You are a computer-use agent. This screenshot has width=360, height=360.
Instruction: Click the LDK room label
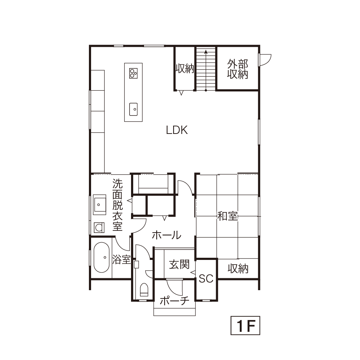177,130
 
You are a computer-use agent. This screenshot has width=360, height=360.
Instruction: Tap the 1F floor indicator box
245,325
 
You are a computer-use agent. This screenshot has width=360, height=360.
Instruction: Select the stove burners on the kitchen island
133,73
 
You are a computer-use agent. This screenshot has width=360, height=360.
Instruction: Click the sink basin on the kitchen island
134,109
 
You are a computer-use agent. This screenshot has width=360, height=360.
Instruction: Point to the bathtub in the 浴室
101,257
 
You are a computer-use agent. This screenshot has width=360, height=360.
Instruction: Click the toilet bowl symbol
144,290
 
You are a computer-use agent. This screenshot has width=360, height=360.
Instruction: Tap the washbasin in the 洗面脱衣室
99,204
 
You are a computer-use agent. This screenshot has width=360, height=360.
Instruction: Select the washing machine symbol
99,228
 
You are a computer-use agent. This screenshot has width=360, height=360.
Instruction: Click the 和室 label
228,216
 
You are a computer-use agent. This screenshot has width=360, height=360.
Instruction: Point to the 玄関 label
179,265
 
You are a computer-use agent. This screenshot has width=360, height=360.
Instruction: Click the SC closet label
206,279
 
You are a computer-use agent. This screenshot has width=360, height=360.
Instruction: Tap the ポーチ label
175,301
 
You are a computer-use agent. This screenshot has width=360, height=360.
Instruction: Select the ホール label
166,235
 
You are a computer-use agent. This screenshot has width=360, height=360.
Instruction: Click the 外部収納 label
238,69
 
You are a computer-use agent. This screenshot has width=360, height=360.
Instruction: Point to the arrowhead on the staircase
206,52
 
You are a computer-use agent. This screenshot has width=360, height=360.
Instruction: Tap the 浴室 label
121,260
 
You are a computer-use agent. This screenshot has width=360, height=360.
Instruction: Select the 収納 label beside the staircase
185,68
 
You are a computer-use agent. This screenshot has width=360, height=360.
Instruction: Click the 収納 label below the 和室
238,269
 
